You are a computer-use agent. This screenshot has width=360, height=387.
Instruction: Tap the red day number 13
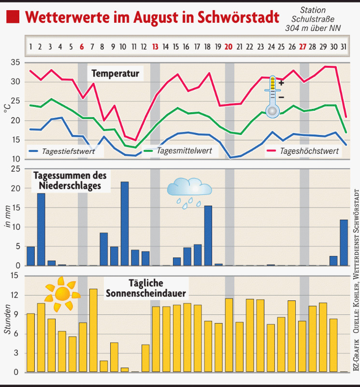[155, 47]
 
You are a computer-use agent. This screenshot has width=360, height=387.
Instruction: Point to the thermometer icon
[273, 97]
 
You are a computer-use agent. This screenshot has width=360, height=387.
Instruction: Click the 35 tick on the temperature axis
[15, 62]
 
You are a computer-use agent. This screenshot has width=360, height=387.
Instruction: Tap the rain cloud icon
[189, 191]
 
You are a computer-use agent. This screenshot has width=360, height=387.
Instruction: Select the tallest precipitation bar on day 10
[125, 223]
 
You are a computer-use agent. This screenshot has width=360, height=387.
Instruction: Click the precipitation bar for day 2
[41, 229]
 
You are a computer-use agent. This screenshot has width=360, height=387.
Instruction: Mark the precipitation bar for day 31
[344, 242]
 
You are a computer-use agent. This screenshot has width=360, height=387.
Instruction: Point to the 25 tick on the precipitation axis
[15, 169]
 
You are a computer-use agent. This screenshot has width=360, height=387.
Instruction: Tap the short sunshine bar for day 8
[104, 366]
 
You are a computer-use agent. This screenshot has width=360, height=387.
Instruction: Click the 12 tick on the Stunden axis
[15, 295]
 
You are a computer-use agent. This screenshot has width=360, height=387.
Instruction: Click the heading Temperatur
[115, 74]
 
